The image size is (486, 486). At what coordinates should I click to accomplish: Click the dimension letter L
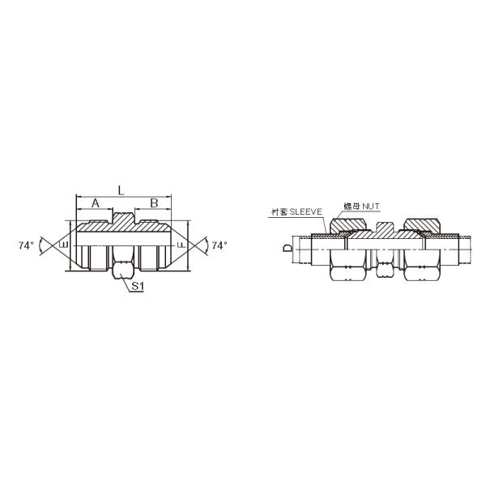(121, 190)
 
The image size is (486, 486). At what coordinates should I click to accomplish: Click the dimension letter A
(96, 204)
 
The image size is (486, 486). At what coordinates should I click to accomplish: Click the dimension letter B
(151, 204)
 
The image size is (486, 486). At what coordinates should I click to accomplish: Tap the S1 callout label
(138, 287)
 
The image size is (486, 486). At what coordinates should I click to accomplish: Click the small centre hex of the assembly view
(385, 263)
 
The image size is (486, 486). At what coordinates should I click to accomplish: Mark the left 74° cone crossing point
(49, 243)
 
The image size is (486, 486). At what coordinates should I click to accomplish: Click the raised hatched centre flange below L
(122, 220)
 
